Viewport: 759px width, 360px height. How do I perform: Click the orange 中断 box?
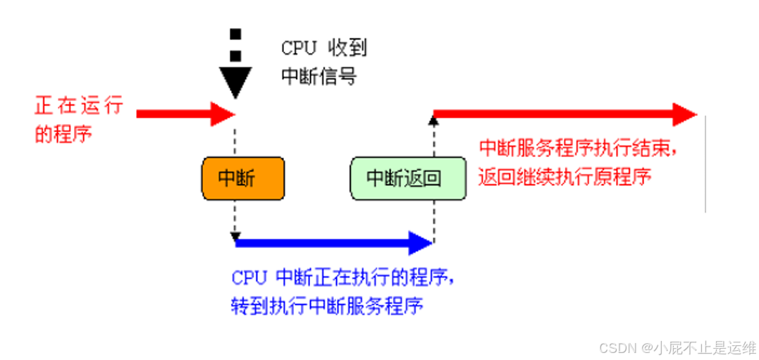242,179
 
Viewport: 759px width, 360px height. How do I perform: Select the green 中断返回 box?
408,179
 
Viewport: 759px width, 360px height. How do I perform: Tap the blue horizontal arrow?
331,243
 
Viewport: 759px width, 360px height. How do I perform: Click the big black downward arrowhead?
235,81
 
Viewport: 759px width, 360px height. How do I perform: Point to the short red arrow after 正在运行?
183,113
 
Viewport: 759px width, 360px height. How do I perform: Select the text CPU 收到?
323,48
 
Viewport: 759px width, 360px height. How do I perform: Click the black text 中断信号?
319,75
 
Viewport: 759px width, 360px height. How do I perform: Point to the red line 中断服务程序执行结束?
582,149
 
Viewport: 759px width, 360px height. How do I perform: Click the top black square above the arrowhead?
235,33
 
